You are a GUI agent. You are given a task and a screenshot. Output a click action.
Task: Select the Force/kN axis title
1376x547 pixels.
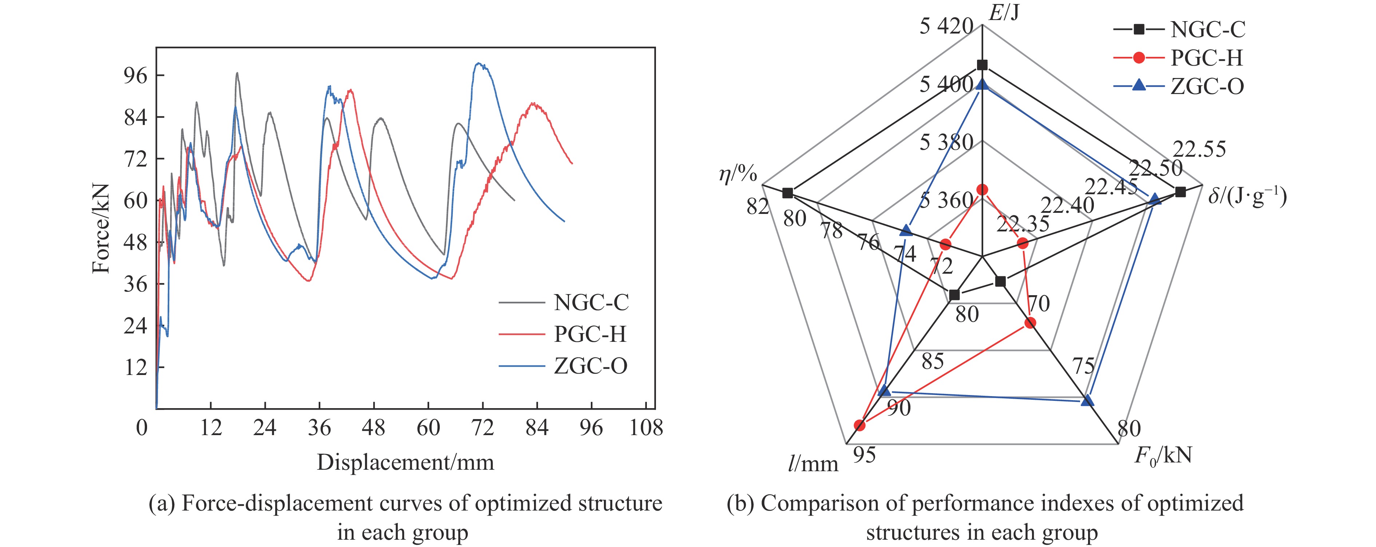click(101, 228)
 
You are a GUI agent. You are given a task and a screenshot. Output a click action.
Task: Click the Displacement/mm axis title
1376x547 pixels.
click(406, 462)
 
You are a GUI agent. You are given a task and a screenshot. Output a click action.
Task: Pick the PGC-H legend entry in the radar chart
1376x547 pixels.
click(1206, 58)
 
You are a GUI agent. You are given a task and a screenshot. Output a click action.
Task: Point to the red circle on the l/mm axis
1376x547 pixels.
click(859, 425)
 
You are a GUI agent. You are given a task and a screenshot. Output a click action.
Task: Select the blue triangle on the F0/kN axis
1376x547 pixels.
click(1087, 401)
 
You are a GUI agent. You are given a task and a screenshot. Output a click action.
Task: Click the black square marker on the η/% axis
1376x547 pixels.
click(787, 193)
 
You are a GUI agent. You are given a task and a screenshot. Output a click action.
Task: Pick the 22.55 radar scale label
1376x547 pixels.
click(1199, 150)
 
